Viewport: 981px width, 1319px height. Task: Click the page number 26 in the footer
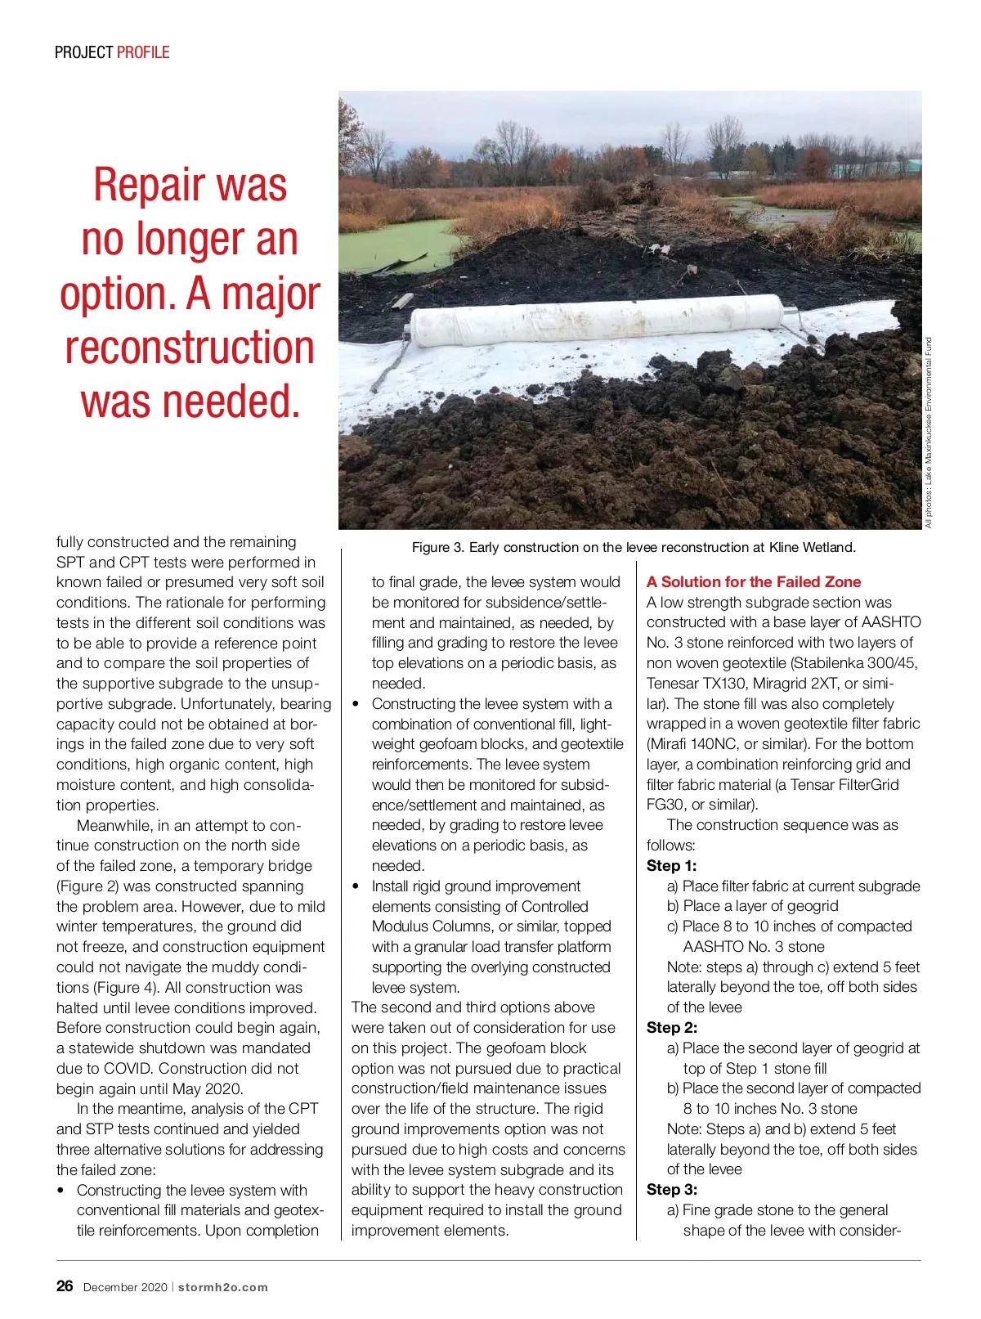65,1285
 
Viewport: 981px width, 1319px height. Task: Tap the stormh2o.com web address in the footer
223,1287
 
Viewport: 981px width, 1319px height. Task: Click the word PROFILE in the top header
143,52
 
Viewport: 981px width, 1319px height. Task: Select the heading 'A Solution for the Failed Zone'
753,582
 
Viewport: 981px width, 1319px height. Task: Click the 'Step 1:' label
671,866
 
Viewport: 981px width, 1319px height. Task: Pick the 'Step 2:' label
671,1028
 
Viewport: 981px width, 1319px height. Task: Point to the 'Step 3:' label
671,1190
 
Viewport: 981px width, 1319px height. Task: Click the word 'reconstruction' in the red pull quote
190,348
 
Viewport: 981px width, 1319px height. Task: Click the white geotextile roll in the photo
601,320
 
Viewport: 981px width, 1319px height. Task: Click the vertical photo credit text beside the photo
929,433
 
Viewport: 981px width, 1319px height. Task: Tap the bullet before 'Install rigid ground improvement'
356,886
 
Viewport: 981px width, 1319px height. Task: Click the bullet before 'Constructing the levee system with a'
356,704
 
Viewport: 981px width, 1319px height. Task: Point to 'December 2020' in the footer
125,1287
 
